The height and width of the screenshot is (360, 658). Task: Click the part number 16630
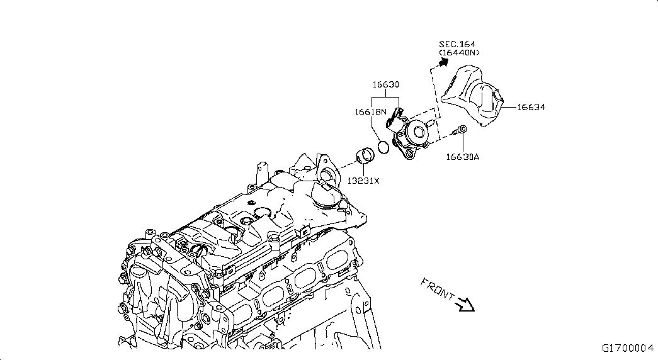[x=385, y=84]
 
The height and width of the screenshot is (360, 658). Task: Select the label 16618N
[x=370, y=111]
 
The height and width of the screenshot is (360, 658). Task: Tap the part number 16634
[x=531, y=107]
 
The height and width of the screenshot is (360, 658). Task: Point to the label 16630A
[x=462, y=157]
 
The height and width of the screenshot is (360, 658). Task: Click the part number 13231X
[x=363, y=181]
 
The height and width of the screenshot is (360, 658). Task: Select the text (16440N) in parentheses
[x=460, y=53]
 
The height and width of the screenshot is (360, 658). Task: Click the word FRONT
[x=437, y=289]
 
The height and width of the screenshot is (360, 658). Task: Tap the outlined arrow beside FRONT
[x=465, y=304]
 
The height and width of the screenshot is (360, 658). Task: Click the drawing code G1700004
[x=628, y=348]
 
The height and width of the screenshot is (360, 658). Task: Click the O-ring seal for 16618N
[x=383, y=147]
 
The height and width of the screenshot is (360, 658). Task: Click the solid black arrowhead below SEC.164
[x=443, y=62]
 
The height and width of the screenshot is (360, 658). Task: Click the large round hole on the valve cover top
[x=263, y=213]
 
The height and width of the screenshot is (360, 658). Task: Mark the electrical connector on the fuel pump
[x=393, y=118]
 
